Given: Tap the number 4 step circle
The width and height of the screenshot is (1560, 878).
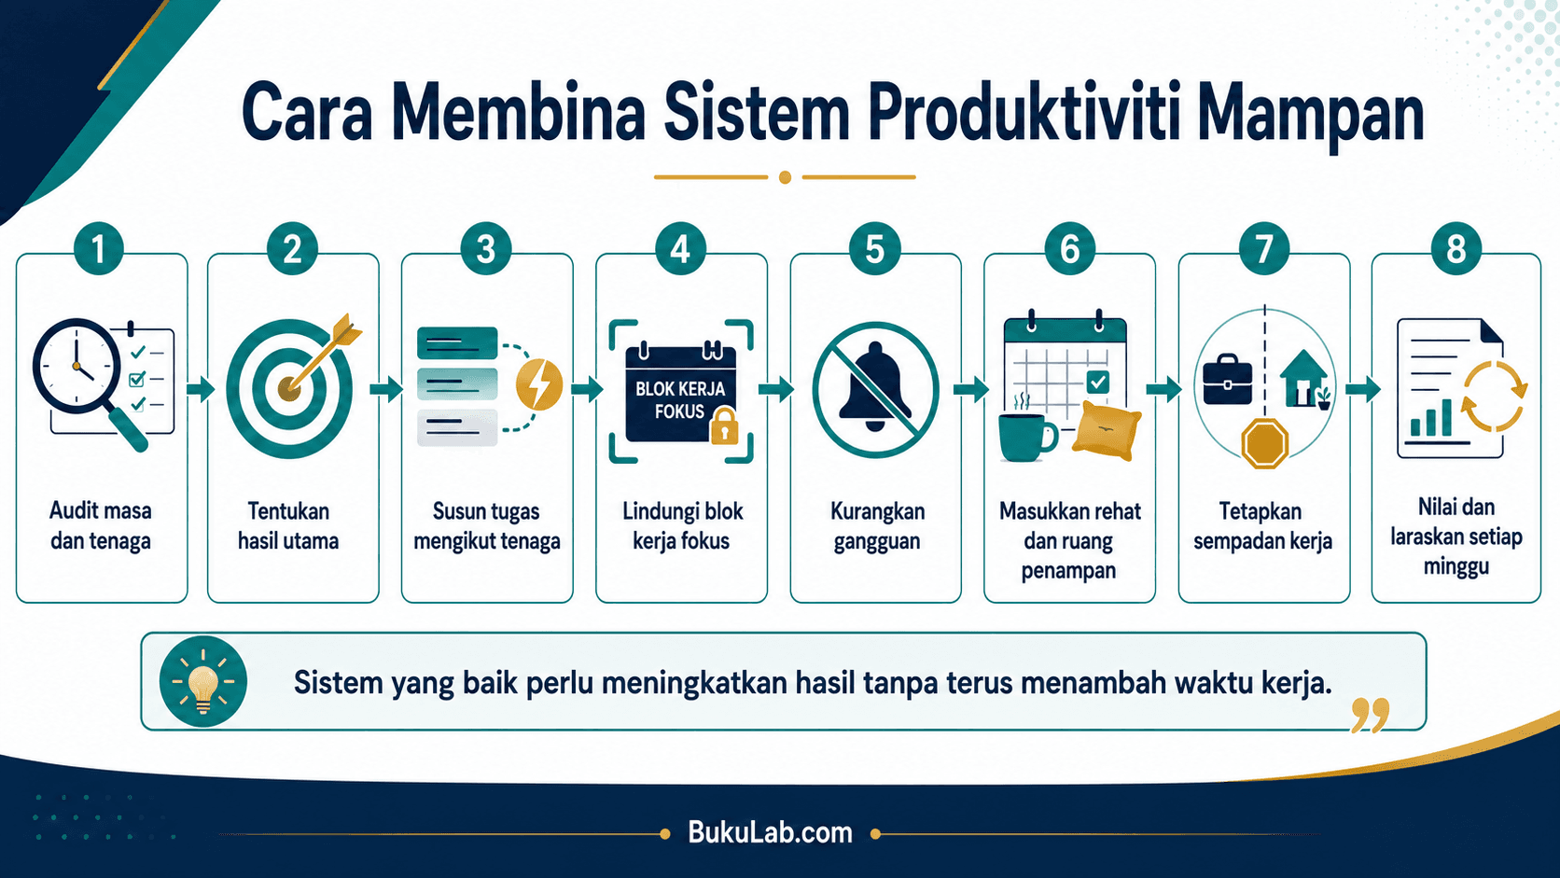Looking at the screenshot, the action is pos(680,248).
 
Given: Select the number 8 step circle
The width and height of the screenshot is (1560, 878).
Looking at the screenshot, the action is pos(1456,248).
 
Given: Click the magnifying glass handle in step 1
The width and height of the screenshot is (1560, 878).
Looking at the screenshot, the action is pos(128,429).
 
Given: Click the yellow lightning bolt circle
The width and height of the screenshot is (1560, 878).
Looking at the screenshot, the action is pos(539,383).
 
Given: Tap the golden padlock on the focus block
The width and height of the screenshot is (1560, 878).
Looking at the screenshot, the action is pos(724,426).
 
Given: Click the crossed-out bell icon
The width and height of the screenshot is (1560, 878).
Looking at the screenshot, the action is pos(875,390).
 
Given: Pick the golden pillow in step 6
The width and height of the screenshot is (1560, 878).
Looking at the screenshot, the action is pos(1107,431).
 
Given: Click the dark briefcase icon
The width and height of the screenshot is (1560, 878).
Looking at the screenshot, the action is pos(1227,379).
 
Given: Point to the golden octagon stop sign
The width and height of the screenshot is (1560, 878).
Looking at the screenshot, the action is pos(1264,443).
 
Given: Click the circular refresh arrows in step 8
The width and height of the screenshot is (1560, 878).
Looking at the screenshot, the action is pos(1494,396).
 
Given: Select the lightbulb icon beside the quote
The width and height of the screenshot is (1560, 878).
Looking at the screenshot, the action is pos(202,682).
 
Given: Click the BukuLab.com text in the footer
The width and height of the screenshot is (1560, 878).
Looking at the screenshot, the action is pos(771,832).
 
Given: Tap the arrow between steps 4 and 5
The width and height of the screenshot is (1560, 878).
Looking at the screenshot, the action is pos(776,388).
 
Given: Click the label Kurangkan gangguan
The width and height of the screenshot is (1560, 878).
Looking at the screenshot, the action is pos(877,525).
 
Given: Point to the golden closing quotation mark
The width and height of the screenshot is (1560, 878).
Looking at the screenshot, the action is pos(1370,715).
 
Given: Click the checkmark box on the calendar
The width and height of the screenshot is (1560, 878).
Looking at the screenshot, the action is pos(1097,382).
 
